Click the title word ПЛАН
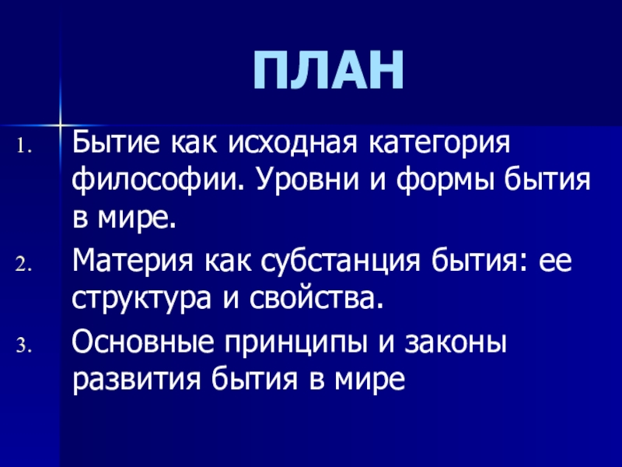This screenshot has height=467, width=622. click(328, 71)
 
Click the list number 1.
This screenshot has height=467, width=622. click(23, 146)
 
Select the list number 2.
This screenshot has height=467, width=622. click(23, 265)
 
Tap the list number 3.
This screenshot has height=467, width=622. click(23, 346)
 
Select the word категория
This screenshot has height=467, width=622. click(439, 145)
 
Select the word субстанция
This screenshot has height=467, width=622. click(341, 262)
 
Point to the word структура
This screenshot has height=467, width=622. click(142, 300)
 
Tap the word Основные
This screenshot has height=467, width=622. click(142, 342)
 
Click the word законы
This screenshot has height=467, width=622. click(456, 343)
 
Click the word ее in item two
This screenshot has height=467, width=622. click(554, 263)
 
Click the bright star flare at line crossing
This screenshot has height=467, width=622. click(60, 125)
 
